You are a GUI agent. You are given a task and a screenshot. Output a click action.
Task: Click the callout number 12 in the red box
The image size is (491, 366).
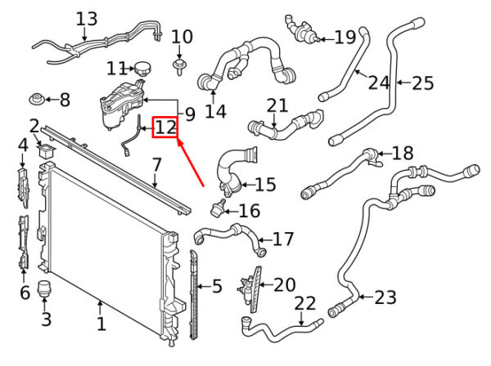point(165,127)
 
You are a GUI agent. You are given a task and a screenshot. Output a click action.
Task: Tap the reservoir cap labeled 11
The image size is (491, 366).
point(142,69)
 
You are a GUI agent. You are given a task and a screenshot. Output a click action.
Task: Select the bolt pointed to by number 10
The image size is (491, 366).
point(178,66)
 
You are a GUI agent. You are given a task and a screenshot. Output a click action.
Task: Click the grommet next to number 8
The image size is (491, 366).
point(37,100)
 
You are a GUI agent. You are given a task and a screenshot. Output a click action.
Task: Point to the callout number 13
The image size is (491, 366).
point(87,19)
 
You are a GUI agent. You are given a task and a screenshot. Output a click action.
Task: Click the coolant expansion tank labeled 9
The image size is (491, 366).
point(121,104)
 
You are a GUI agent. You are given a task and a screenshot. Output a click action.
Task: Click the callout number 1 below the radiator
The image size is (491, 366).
point(101,324)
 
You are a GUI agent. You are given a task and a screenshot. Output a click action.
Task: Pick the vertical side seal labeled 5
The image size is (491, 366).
point(195,295)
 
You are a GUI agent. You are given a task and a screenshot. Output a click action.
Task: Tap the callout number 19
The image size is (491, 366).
point(345,38)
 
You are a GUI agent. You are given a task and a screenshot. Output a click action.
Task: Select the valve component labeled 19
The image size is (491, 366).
point(301,29)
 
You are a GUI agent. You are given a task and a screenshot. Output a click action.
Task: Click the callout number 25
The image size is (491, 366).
point(423,83)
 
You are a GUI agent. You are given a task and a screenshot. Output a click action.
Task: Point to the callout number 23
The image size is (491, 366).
point(385,297)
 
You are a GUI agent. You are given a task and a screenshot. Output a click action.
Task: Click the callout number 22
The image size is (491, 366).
point(305,303)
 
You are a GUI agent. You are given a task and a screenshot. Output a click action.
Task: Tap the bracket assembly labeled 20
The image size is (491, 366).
point(250,289)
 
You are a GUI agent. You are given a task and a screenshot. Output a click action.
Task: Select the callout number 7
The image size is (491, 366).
point(156,165)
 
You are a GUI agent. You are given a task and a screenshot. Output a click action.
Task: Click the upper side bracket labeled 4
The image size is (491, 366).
point(23,188)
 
